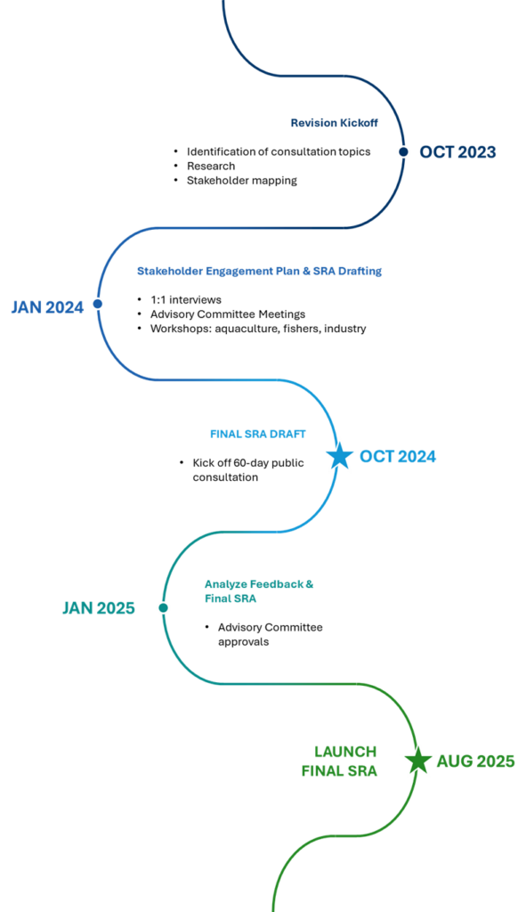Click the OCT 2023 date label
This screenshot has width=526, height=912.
coord(458,152)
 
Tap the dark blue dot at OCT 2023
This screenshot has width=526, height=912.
coord(403,151)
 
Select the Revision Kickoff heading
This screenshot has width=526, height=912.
coord(334,123)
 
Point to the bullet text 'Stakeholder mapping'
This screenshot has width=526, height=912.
coord(242,180)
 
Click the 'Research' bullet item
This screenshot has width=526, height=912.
coord(211,166)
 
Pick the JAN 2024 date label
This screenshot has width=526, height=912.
coord(48,307)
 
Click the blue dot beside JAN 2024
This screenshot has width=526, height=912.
coord(98,304)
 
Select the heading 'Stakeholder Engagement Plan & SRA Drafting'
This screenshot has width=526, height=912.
coord(259,271)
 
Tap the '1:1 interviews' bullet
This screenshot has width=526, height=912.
coord(186,300)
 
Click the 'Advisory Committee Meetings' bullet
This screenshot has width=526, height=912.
coord(228,314)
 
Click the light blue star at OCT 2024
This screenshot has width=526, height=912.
coord(340,457)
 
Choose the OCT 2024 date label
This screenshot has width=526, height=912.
coord(398,457)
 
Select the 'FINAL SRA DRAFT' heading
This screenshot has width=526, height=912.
coord(258,434)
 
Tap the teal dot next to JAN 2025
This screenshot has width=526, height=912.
coord(164,607)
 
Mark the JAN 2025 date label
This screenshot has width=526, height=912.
coord(99,608)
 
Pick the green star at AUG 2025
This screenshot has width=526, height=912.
coord(418,761)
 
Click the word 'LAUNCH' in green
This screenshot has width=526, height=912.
coord(346,752)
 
